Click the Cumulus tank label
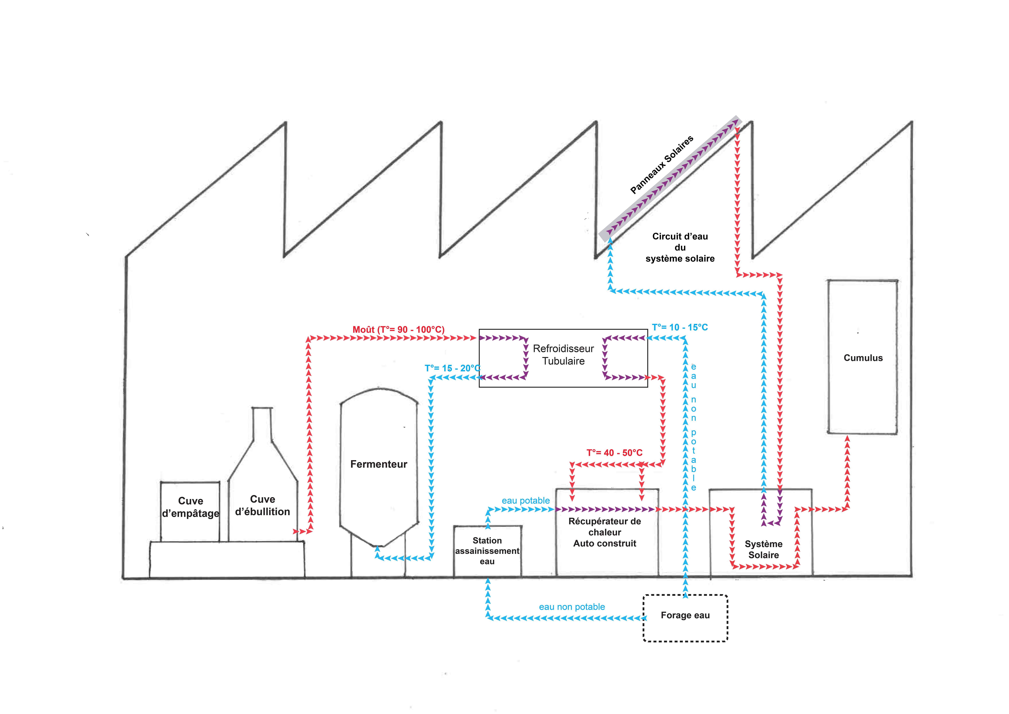click(x=863, y=358)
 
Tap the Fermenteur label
click(x=378, y=464)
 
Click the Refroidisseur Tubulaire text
click(x=563, y=355)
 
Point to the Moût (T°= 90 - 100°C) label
click(x=398, y=329)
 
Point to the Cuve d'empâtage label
click(x=190, y=507)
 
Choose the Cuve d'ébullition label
click(x=262, y=505)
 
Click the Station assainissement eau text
click(x=487, y=551)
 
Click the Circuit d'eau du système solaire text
click(x=680, y=247)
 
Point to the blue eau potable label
click(x=526, y=500)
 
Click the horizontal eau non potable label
click(x=572, y=607)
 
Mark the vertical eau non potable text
click(x=693, y=426)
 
